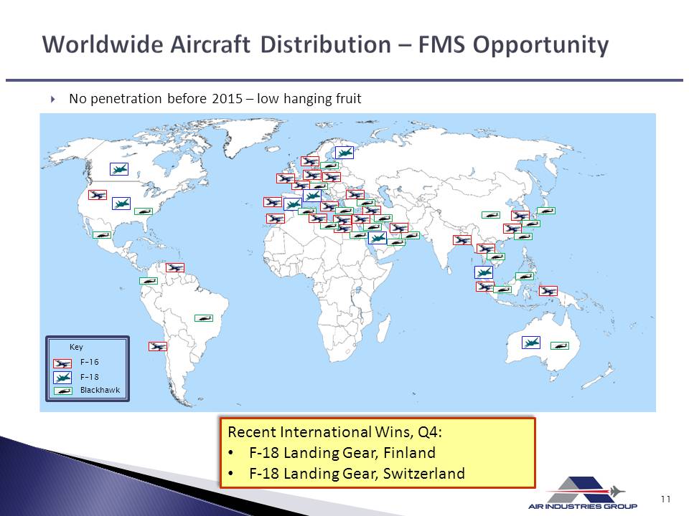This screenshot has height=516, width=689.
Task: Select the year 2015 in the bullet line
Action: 228,98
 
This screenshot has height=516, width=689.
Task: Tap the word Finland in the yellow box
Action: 410,452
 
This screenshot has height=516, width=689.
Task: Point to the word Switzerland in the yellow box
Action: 424,474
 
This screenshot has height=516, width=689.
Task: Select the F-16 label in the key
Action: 89,362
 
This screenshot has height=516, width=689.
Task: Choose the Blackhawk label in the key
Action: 100,390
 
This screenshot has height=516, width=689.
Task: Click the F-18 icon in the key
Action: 62,378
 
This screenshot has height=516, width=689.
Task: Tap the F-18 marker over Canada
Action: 119,169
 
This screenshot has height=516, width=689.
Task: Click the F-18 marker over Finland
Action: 344,153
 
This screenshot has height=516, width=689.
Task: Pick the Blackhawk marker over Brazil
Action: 204,318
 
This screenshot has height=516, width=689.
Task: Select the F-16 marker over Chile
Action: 158,347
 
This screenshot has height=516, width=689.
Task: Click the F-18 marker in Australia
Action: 531,343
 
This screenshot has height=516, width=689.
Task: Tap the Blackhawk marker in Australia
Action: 560,345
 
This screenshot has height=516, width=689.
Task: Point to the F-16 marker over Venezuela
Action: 175,267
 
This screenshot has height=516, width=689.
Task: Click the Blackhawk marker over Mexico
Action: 102,235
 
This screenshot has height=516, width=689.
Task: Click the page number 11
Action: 665,499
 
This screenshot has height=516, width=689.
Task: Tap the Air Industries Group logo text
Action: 583,507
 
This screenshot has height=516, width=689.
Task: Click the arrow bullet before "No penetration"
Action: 53,99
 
